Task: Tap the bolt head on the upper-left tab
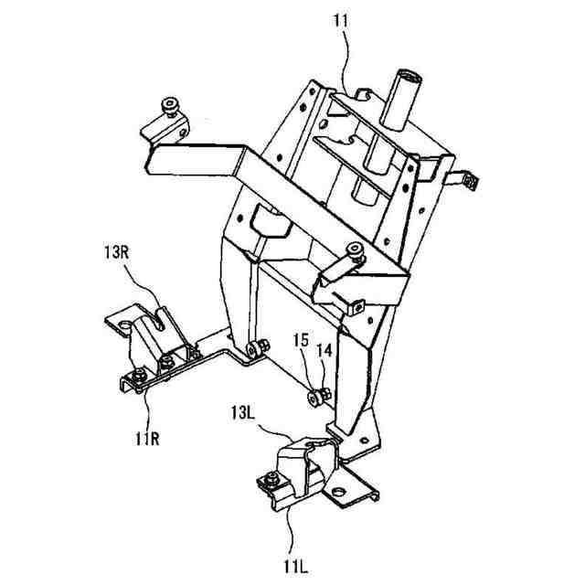coord(169,107)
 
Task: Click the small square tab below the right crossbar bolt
coord(358,306)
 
